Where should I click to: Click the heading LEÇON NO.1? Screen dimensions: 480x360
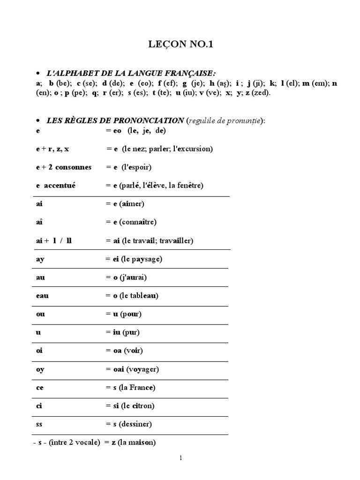(180, 45)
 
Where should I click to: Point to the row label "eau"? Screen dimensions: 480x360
(42, 296)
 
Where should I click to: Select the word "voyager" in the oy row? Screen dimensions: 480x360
(144, 369)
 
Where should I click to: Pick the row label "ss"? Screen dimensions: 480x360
(39, 424)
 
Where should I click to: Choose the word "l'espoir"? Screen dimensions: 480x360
(135, 167)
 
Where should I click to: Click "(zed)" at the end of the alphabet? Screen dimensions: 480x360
(262, 93)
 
